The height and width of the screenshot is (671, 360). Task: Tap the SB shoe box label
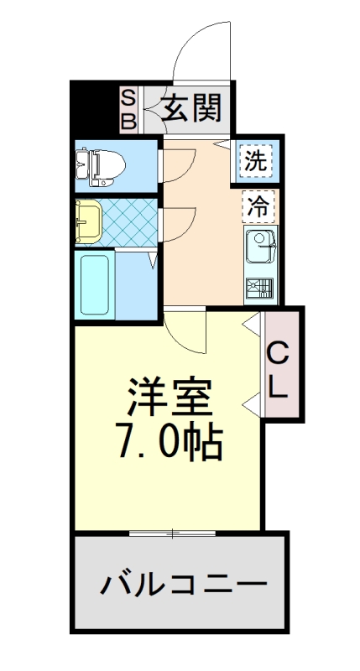(x=129, y=109)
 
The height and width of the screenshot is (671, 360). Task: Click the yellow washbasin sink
(x=88, y=220)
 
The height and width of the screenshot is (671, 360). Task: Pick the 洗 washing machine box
(x=257, y=160)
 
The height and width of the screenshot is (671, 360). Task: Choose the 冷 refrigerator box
(x=258, y=205)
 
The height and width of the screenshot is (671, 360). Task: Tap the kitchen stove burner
(x=258, y=289)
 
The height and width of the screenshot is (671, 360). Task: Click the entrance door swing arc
(x=195, y=42)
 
